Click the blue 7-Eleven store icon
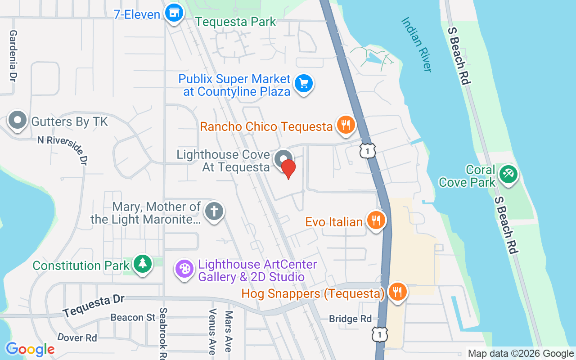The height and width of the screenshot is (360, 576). (173, 13)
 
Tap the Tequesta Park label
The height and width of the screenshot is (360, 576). (236, 22)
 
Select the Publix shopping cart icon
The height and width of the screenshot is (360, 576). (304, 83)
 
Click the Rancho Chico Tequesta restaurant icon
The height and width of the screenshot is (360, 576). (346, 125)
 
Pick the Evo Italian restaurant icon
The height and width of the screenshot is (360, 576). (375, 220)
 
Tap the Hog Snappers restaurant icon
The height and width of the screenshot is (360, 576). (397, 291)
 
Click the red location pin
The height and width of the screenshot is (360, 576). (288, 169)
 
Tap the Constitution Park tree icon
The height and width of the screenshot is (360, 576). (143, 263)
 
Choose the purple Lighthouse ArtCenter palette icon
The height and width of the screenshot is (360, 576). (184, 269)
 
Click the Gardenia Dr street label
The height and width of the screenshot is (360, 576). (13, 56)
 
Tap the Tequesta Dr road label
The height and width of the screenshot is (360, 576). (94, 306)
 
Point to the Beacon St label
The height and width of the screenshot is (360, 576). (133, 318)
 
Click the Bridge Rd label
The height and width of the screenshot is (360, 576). (351, 319)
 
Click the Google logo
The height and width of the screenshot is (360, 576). (30, 349)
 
